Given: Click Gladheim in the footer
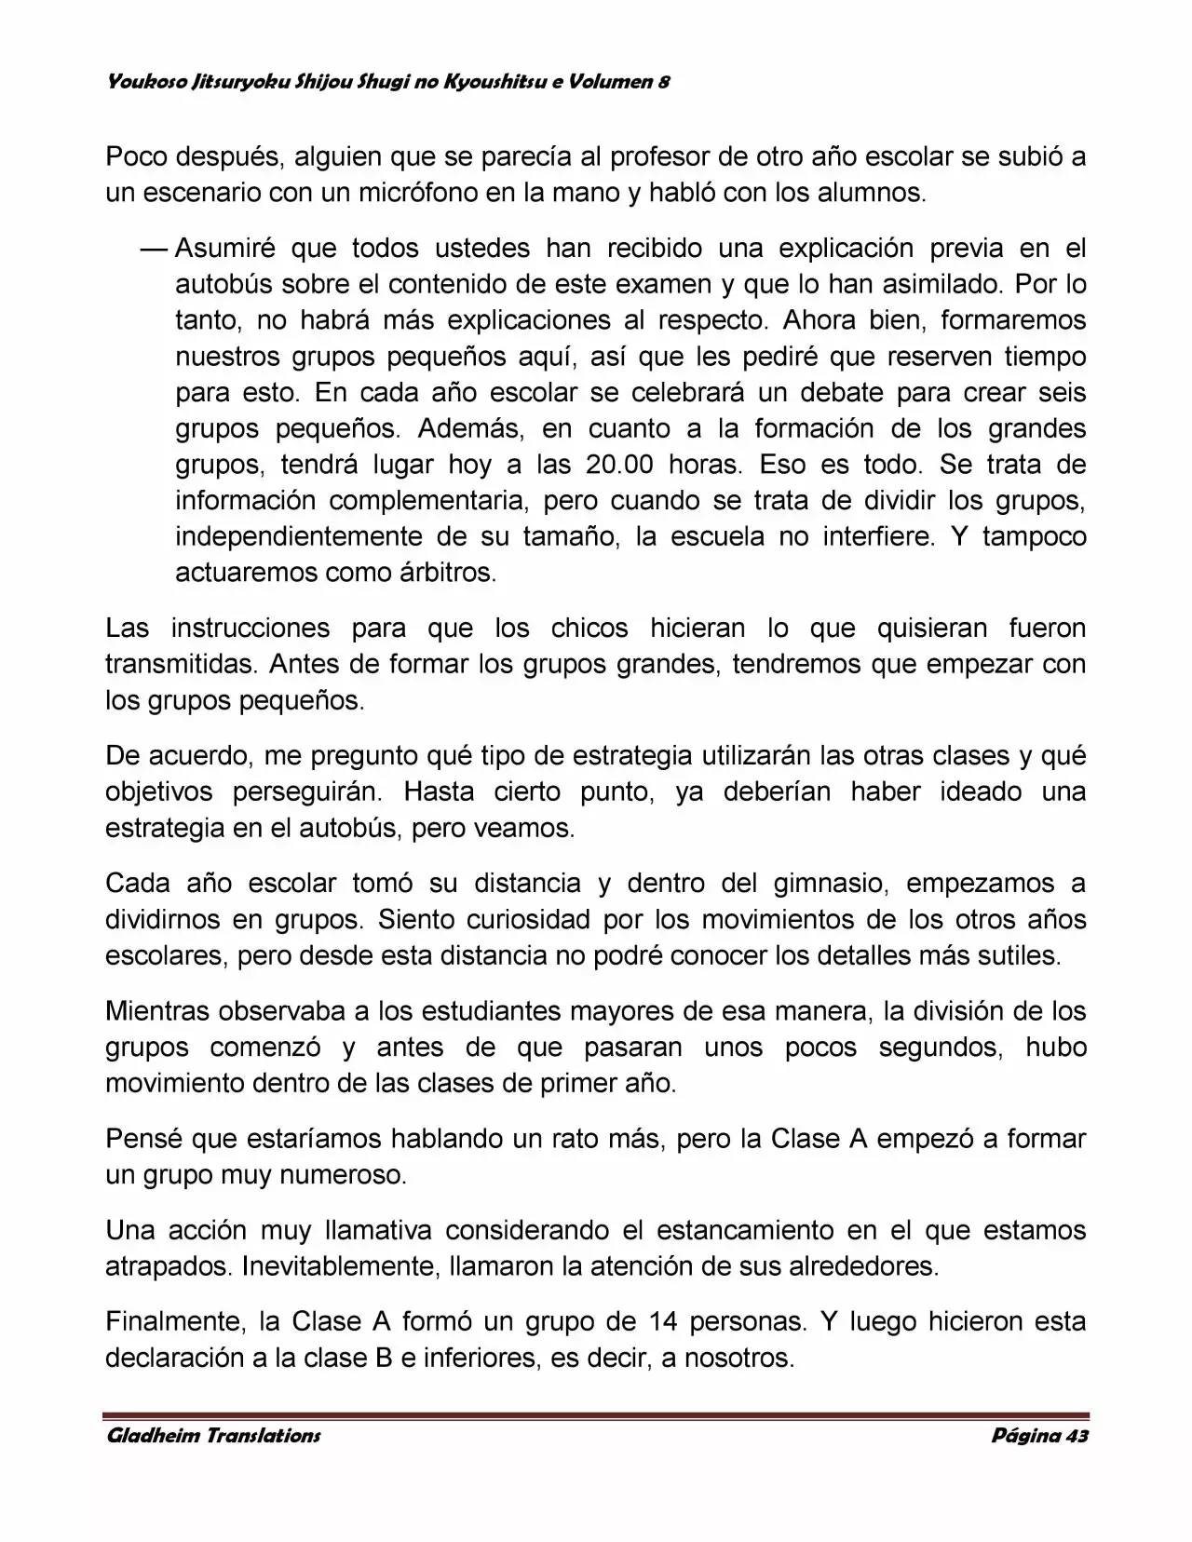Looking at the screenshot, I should point(150,1435).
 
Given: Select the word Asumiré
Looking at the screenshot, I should point(222,249).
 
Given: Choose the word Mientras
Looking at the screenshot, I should point(156,1010).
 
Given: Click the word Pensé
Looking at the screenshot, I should point(142,1138).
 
